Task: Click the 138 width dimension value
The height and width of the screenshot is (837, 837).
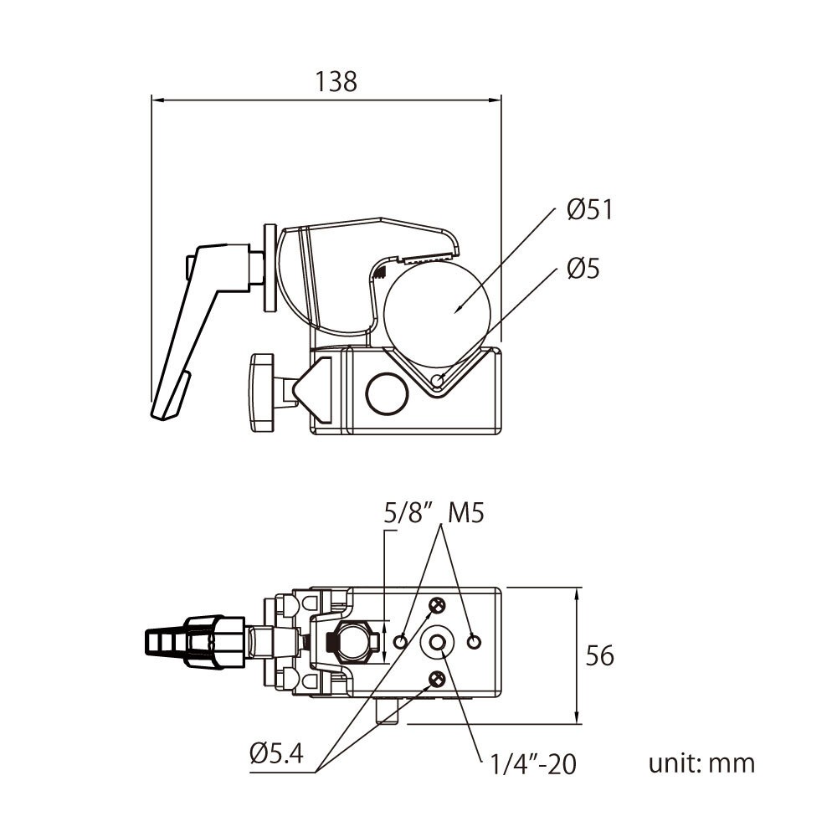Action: (x=336, y=81)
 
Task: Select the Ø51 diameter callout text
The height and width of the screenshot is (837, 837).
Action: (x=589, y=209)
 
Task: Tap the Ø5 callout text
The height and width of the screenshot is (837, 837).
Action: (x=583, y=269)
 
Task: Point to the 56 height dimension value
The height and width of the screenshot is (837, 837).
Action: (x=598, y=655)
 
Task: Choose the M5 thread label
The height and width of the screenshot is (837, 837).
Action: (x=465, y=513)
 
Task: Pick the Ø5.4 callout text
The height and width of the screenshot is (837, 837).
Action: (x=275, y=753)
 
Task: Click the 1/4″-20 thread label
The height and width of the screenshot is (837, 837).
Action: (x=533, y=763)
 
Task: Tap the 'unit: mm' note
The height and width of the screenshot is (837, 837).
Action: (x=701, y=763)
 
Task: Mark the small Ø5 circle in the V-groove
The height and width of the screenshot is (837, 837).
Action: (x=437, y=382)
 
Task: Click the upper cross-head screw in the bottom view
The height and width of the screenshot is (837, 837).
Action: (x=436, y=605)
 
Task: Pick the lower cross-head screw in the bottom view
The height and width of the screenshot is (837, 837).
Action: (x=436, y=678)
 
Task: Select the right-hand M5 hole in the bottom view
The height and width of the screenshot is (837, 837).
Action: (x=475, y=641)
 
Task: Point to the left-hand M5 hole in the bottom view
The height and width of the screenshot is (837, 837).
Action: (x=401, y=641)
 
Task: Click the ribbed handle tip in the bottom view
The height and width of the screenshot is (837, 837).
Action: (x=163, y=642)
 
